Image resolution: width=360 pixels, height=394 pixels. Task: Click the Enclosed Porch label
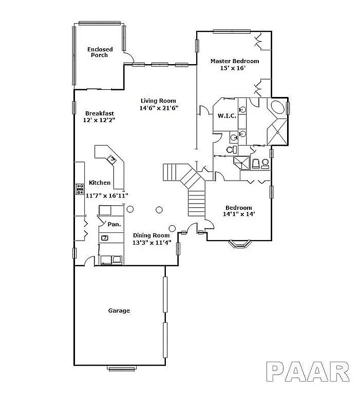coord(100,52)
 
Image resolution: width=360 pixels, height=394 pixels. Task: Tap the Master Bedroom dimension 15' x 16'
coord(234,68)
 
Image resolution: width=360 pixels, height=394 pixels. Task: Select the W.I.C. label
coord(226,116)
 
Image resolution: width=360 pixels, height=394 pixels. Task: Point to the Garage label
coord(119,310)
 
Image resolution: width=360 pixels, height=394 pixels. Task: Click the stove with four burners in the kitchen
coord(80,189)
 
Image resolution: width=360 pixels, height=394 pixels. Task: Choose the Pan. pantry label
coord(114,224)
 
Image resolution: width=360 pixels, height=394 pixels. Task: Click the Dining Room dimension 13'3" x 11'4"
coord(151,243)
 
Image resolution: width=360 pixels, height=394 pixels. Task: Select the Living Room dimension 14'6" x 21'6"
coord(158,108)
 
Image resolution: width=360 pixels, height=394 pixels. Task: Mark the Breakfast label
coord(100,113)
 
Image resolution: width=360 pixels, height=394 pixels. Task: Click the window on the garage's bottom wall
coord(122,368)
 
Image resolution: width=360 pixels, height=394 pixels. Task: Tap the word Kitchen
coord(100,183)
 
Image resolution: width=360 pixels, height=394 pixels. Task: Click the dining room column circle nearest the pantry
coord(130,209)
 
